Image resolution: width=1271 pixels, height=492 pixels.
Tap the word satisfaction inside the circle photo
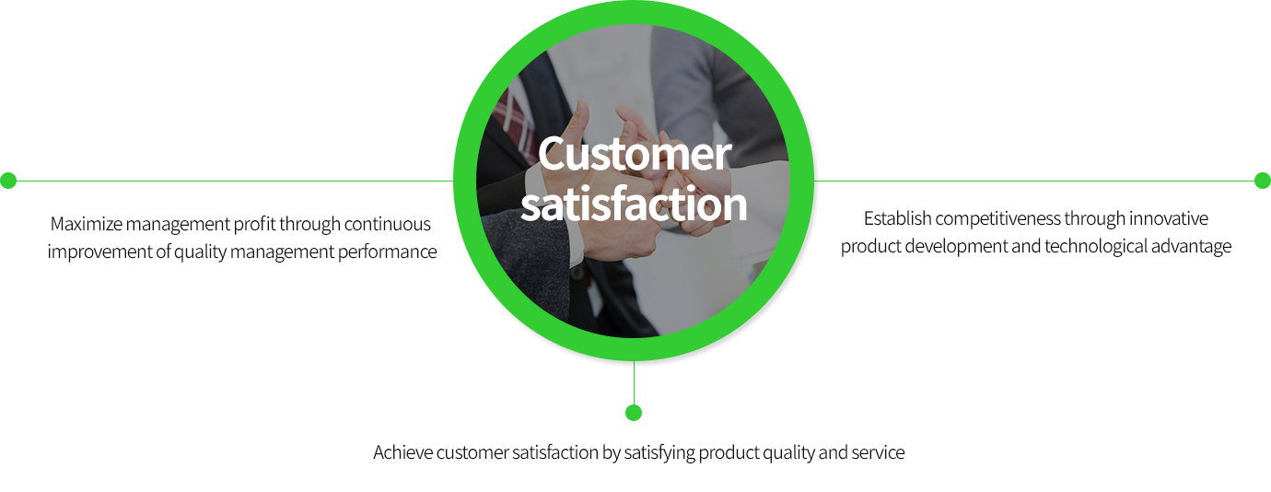[634, 204]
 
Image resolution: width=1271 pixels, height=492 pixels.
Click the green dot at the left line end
[8, 181]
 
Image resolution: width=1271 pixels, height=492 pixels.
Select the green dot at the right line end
[1263, 181]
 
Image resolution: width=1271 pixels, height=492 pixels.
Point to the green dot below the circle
[634, 413]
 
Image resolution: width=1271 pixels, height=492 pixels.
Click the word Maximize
[87, 224]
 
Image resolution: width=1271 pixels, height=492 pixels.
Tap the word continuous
[388, 224]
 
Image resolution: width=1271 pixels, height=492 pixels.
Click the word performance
[388, 252]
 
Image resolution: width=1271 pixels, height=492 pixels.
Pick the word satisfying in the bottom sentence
[659, 453]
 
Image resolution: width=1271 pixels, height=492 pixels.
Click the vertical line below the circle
[634, 383]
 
